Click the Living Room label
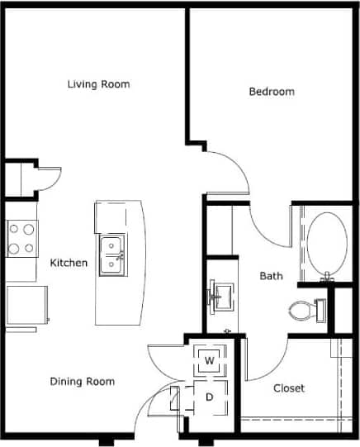pos(98,84)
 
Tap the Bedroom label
pos(272,92)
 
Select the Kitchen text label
pos(69,263)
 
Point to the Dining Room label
pos(82,381)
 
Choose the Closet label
pos(288,388)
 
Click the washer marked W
pos(210,360)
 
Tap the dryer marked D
pos(210,397)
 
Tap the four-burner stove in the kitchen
pos(21,238)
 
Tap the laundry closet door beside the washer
pos(165,357)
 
